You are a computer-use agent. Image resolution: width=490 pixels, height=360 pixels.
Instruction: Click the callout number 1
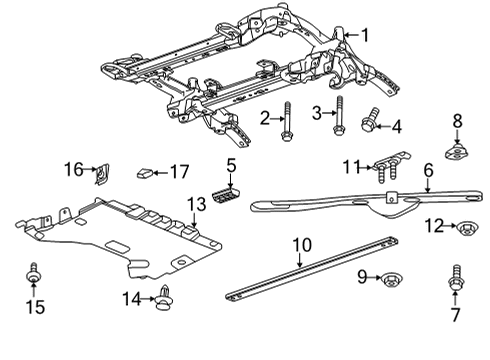pyautogui.click(x=365, y=36)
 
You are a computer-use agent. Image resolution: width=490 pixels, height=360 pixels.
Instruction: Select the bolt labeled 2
pyautogui.click(x=287, y=121)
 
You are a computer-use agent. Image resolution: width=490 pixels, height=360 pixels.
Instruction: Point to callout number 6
pyautogui.click(x=428, y=172)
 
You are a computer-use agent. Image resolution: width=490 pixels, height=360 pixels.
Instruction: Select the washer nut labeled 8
pyautogui.click(x=458, y=153)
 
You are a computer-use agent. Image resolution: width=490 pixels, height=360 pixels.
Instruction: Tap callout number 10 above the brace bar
pyautogui.click(x=301, y=245)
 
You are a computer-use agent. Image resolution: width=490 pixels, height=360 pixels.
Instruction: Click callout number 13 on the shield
pyautogui.click(x=196, y=205)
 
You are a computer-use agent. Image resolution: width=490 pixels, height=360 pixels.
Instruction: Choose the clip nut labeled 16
pyautogui.click(x=102, y=176)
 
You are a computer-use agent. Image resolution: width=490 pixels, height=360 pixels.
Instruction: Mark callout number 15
pyautogui.click(x=34, y=307)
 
